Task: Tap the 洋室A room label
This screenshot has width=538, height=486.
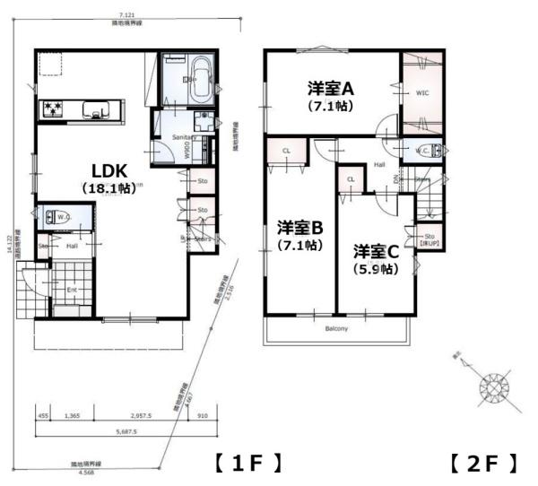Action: [333, 89]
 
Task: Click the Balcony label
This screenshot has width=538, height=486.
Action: [337, 328]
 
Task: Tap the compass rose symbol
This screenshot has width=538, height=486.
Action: [495, 386]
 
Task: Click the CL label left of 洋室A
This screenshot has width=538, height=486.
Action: [285, 151]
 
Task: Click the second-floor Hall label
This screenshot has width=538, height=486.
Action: [379, 164]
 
